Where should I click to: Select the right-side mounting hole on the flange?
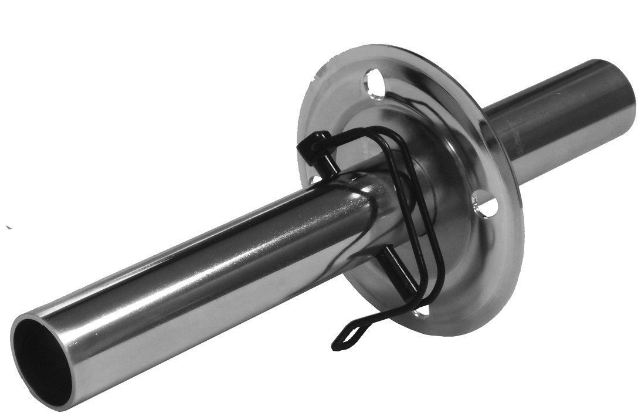coord(488,205)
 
